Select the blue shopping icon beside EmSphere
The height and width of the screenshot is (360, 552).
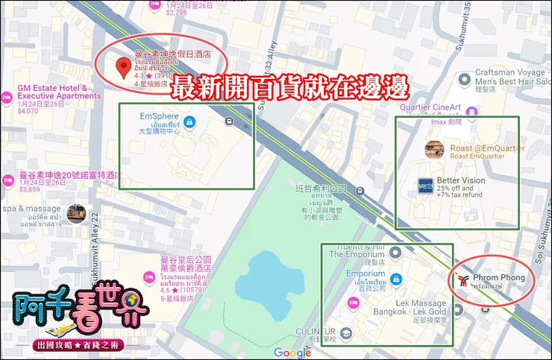point(189,121)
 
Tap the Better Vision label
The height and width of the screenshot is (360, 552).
point(461,180)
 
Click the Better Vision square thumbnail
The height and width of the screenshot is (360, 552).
point(425,185)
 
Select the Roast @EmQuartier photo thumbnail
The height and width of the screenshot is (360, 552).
point(434,150)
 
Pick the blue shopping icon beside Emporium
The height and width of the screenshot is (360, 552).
point(397,279)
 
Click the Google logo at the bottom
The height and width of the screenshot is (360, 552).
point(292,353)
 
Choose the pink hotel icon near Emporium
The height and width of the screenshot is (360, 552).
point(354,303)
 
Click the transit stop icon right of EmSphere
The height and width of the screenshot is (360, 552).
point(228,120)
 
